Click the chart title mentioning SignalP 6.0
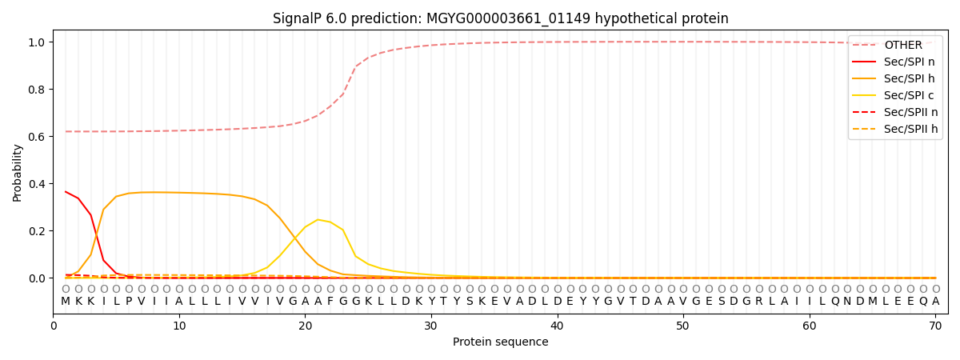(x=500, y=18)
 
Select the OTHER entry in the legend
(x=902, y=46)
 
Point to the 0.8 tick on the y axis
(x=38, y=90)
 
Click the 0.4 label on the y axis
(x=38, y=184)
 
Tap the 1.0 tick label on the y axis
(x=38, y=42)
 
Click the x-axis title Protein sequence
(x=500, y=342)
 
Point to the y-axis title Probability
(x=18, y=172)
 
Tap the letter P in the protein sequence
(x=129, y=302)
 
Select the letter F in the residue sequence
(x=330, y=302)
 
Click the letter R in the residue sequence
(x=758, y=302)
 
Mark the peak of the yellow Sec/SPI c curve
(x=318, y=219)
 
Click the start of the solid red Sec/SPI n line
(x=66, y=192)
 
